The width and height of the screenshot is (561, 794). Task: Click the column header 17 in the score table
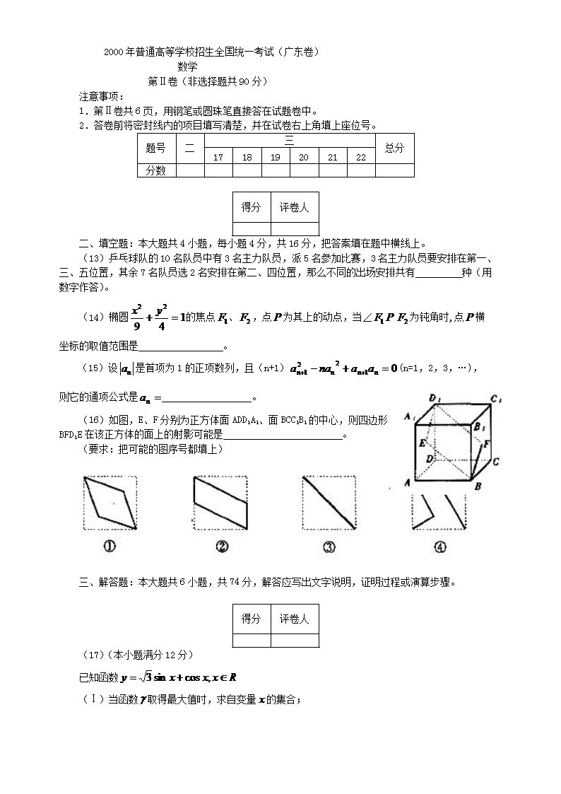(x=218, y=158)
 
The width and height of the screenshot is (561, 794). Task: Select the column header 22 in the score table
(x=361, y=158)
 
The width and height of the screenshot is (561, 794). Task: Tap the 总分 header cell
(x=394, y=148)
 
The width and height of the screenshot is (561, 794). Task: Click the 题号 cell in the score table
(x=155, y=148)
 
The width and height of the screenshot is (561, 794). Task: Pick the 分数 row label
(x=155, y=170)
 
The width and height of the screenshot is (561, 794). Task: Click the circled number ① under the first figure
(x=110, y=546)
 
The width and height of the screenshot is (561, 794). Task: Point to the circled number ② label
(x=221, y=546)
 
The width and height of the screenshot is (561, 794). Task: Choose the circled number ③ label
(x=329, y=546)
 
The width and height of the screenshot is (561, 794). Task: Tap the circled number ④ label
(x=440, y=546)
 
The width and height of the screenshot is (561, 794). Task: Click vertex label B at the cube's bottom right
(x=478, y=486)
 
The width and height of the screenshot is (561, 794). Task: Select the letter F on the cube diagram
(x=487, y=444)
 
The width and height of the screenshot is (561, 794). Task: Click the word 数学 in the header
(x=187, y=66)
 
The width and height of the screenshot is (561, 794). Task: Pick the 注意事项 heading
(x=99, y=96)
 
